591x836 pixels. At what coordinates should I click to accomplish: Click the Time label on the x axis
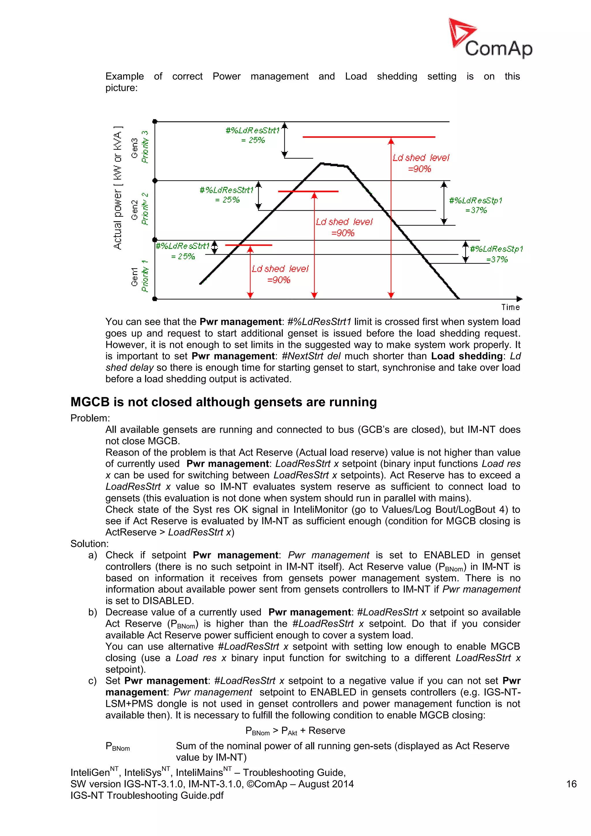(x=510, y=307)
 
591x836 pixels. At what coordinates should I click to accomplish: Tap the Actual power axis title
(x=117, y=188)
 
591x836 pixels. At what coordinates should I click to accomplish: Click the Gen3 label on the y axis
(x=135, y=148)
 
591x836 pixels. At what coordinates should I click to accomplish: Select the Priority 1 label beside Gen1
(x=145, y=276)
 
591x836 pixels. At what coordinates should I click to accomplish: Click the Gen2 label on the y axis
(x=135, y=210)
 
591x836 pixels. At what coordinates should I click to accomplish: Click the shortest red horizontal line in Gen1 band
(x=248, y=245)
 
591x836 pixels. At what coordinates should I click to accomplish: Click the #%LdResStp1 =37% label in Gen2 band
(x=475, y=205)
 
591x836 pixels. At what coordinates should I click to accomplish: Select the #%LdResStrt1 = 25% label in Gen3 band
(x=253, y=135)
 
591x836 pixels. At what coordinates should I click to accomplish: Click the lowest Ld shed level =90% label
(x=280, y=274)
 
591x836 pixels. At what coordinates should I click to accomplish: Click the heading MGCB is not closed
(x=223, y=402)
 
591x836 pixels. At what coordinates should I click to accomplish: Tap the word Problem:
(x=90, y=418)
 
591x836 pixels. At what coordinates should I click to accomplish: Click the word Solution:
(x=89, y=544)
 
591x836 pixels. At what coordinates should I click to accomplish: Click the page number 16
(x=571, y=784)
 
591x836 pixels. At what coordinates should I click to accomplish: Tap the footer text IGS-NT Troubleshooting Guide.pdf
(x=147, y=795)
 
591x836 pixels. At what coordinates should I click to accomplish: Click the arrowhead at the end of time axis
(x=519, y=299)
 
